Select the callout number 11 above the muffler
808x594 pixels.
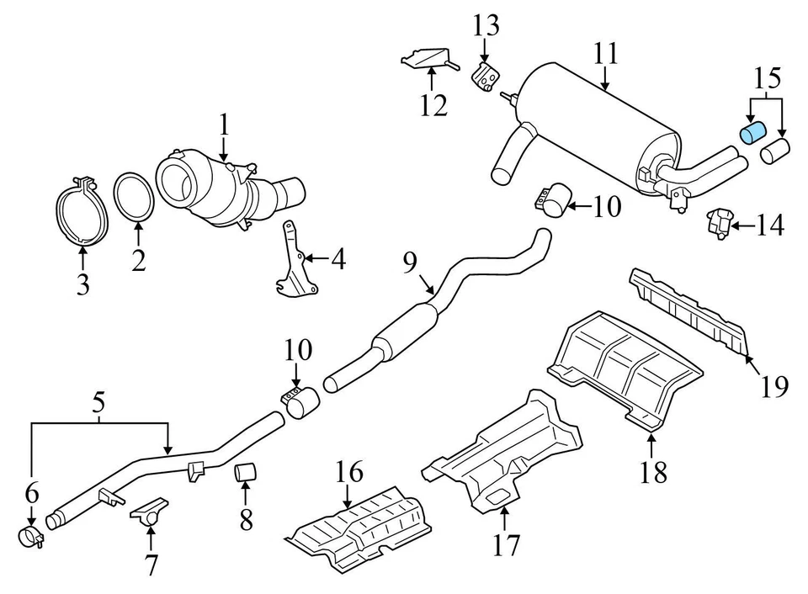[605, 55]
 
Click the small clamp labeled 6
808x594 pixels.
[31, 536]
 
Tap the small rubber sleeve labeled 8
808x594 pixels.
[245, 474]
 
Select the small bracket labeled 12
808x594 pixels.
[430, 61]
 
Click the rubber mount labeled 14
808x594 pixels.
[717, 223]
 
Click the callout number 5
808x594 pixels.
[99, 403]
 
